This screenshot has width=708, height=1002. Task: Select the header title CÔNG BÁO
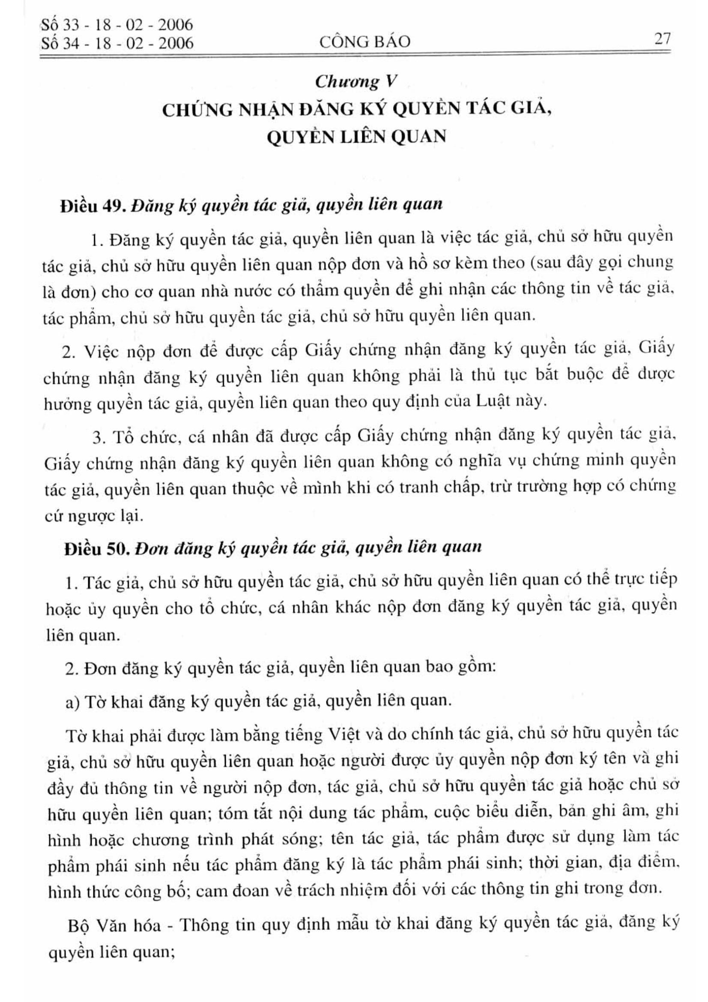364,42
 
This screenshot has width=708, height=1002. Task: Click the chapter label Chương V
356,82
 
